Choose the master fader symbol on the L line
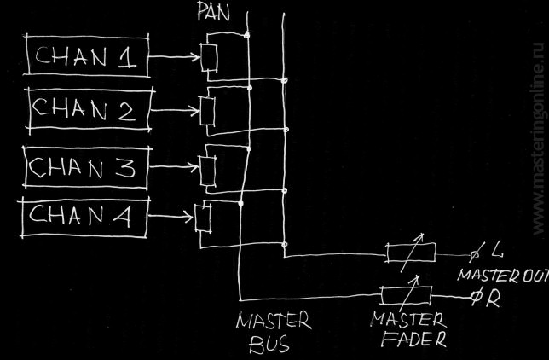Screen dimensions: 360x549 (410, 253)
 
